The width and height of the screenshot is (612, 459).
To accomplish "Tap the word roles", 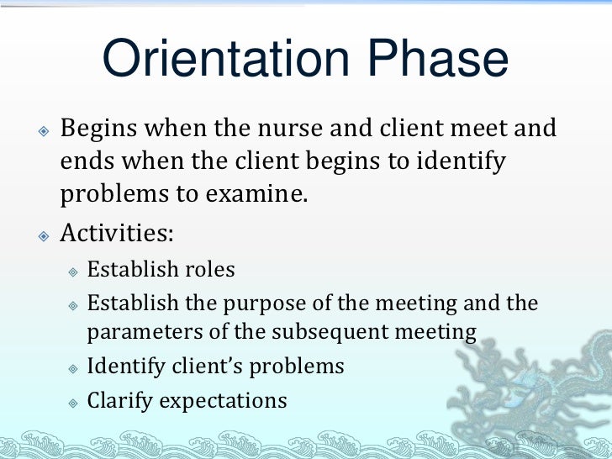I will click(208, 270).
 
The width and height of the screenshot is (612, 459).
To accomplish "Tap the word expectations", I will click(223, 400).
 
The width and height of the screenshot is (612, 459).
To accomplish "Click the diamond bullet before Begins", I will click(44, 131).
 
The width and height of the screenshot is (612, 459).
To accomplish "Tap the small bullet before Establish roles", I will click(73, 272).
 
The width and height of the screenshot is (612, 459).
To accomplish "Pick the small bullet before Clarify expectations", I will click(73, 401).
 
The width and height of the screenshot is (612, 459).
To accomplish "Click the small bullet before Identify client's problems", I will click(73, 368).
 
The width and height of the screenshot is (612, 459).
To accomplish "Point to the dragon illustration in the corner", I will click(546, 378).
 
